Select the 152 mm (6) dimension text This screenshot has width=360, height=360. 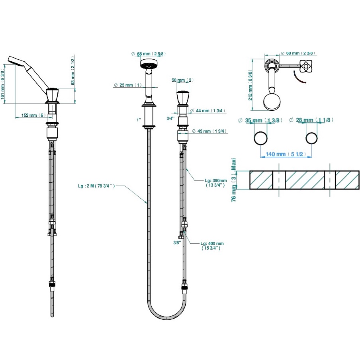pyautogui.click(x=33, y=115)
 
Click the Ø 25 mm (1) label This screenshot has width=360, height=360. pyautogui.click(x=127, y=85)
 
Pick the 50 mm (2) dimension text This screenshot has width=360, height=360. pyautogui.click(x=182, y=80)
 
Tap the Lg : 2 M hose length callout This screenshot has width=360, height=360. pyautogui.click(x=97, y=186)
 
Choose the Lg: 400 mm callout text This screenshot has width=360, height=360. pyautogui.click(x=212, y=246)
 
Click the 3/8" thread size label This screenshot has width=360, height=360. pyautogui.click(x=177, y=242)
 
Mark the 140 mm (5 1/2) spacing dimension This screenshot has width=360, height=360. pyautogui.click(x=286, y=154)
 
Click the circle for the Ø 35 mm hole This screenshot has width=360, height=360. pyautogui.click(x=261, y=138)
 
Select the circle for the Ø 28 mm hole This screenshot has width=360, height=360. pyautogui.click(x=311, y=138)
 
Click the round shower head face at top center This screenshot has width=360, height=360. pyautogui.click(x=149, y=65)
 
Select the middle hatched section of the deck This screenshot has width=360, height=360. pyautogui.click(x=305, y=180)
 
